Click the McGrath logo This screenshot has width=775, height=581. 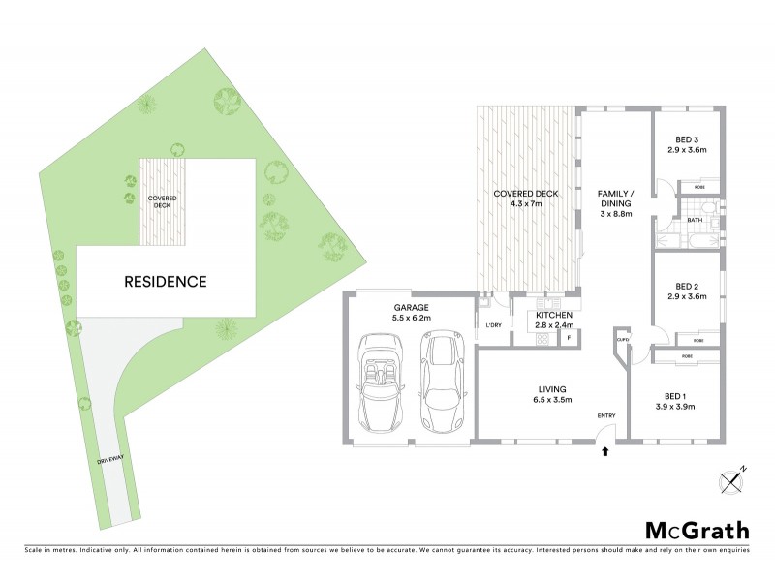697,530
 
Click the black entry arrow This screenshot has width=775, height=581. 606,449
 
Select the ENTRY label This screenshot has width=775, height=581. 606,416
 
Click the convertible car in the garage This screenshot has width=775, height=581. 380,382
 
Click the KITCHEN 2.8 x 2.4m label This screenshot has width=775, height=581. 553,321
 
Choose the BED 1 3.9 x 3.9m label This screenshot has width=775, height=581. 674,400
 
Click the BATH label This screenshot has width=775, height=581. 695,221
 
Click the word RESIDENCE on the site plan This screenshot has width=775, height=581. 165,282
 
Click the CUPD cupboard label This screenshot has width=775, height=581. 623,341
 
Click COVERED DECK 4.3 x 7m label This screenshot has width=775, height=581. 526,199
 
